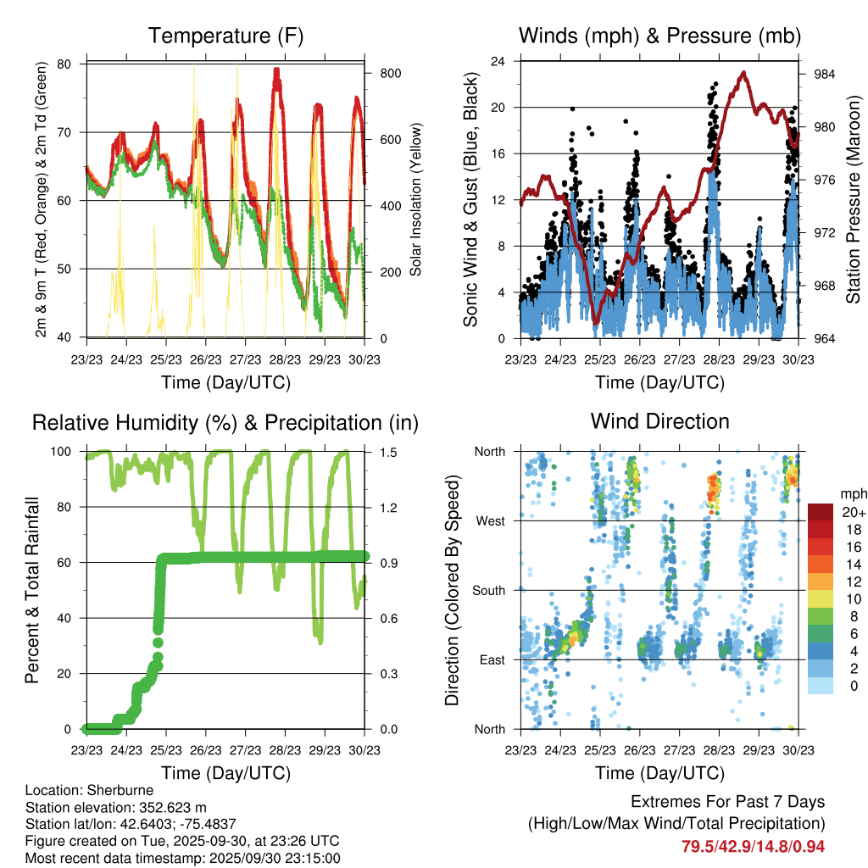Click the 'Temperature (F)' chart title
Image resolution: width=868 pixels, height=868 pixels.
point(225,36)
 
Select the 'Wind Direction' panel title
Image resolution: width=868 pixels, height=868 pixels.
point(659,421)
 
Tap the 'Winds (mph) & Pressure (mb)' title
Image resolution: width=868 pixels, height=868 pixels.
point(659,36)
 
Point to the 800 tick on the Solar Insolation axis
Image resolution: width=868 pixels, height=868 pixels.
point(390,74)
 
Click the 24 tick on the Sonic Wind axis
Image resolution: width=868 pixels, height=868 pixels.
point(498,61)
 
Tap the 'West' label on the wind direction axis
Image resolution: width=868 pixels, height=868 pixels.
point(490,520)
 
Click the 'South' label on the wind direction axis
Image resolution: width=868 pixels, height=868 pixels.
point(488,590)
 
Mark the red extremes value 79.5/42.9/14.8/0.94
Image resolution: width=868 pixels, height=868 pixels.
point(753,847)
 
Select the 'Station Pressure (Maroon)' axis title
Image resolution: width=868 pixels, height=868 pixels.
point(854,200)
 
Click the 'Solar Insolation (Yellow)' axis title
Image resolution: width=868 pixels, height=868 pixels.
point(416,200)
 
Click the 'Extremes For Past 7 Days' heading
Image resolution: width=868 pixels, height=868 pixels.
point(727,802)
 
